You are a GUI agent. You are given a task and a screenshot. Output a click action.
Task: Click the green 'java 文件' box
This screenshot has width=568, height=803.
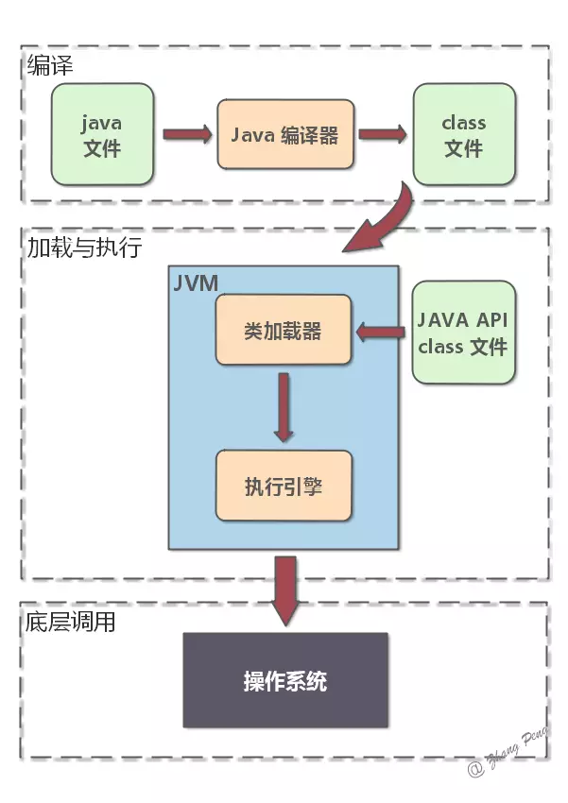coord(102,134)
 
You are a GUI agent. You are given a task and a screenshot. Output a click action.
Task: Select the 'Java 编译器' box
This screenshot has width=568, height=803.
coord(284,135)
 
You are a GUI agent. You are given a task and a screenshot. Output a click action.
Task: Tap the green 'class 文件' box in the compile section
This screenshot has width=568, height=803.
coord(463,134)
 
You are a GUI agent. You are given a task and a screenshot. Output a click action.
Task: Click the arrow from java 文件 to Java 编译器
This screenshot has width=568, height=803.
coord(186,134)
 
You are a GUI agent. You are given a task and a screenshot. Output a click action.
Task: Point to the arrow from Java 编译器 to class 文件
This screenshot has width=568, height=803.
coord(381,134)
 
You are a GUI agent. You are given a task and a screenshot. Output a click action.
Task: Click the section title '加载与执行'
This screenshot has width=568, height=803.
coord(83,248)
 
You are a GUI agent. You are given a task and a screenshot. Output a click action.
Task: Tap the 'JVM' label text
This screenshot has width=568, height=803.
coord(197,283)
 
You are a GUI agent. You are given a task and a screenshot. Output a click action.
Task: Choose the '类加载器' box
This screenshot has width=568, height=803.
coord(283,331)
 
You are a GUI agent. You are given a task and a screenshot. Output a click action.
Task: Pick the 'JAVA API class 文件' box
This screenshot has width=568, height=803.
coord(463,332)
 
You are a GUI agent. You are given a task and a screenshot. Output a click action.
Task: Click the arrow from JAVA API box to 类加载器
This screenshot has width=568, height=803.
coord(382,331)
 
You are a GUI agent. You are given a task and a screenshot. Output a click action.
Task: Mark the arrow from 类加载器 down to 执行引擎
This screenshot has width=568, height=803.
coord(283,406)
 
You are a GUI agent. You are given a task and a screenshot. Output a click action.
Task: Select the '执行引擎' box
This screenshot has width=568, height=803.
coord(283,486)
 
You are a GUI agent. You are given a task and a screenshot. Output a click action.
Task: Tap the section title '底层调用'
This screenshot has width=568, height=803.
coord(71,623)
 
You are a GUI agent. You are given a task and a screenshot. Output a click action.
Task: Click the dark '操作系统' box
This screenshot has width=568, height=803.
coord(284,680)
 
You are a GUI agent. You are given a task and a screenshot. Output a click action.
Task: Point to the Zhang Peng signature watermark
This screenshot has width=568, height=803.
coord(515,763)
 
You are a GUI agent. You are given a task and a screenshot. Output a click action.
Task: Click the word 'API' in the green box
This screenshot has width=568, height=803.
coord(489,319)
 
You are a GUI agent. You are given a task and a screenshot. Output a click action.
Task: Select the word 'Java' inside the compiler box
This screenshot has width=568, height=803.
coord(253,135)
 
